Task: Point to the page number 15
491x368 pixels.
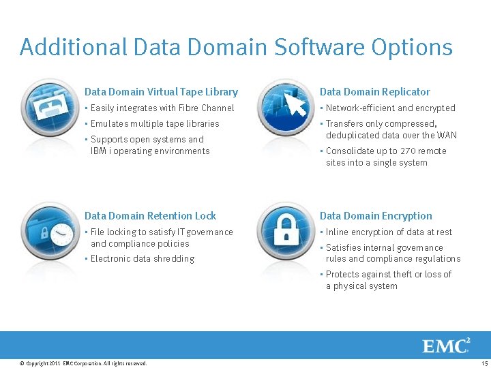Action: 484,363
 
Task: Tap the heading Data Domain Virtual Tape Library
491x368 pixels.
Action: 161,92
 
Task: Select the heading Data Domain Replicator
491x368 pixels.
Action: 374,92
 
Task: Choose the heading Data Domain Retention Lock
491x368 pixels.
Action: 150,216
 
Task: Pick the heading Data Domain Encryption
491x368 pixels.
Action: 376,216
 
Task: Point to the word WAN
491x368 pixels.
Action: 447,135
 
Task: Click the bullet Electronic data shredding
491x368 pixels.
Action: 142,259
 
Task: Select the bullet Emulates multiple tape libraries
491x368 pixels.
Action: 155,123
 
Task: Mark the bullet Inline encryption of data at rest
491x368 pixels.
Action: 389,232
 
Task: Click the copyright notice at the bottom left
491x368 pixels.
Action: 84,363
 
